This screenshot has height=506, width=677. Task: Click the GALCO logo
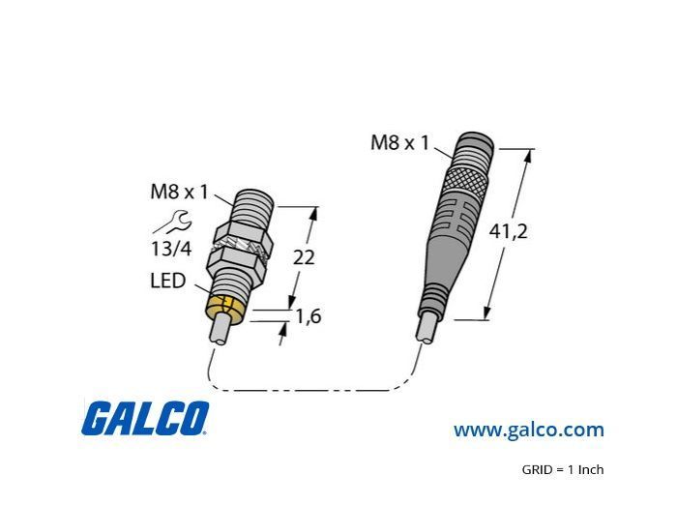tap(145, 418)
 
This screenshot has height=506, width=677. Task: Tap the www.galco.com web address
tap(528, 430)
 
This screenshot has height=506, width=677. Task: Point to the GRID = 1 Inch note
tap(563, 469)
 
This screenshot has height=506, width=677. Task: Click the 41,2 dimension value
tap(508, 232)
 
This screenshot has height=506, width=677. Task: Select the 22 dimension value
tap(304, 257)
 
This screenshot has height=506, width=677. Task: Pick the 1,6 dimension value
tap(308, 316)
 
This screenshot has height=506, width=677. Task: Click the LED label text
tap(168, 281)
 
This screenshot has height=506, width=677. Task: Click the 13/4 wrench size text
tap(171, 249)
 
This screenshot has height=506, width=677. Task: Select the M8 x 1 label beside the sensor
tap(179, 192)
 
